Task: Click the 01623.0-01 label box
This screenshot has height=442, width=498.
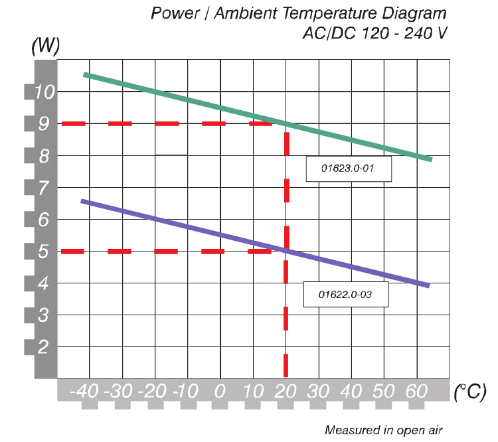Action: click(349, 169)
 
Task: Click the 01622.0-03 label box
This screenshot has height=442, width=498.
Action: click(345, 294)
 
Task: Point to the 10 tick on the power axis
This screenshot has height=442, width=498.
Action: click(43, 92)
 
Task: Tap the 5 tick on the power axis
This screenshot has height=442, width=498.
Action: click(43, 252)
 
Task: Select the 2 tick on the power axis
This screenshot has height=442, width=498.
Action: click(43, 347)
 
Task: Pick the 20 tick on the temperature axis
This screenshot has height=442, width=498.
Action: click(286, 390)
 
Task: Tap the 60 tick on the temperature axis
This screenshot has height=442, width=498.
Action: click(416, 390)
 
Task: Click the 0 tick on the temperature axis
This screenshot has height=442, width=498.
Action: click(220, 390)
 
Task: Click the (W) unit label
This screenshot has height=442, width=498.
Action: click(46, 47)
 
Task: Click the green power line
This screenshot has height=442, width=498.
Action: click(199, 101)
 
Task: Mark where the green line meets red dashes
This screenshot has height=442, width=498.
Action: click(286, 123)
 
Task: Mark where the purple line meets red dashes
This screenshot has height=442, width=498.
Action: click(286, 251)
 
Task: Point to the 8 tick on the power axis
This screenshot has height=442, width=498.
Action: click(43, 156)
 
